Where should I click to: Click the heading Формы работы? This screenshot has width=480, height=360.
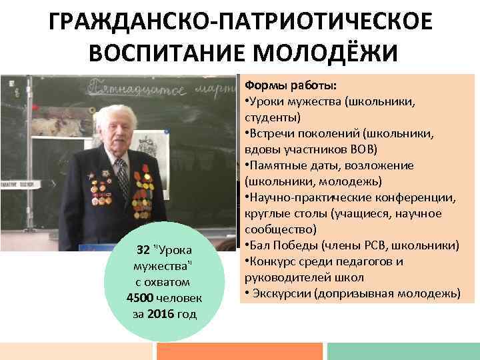(291, 86)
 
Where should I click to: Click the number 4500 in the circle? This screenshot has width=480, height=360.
(139, 297)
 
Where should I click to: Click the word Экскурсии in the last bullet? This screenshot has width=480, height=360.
(281, 293)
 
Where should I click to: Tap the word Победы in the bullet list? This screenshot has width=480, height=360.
(307, 245)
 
